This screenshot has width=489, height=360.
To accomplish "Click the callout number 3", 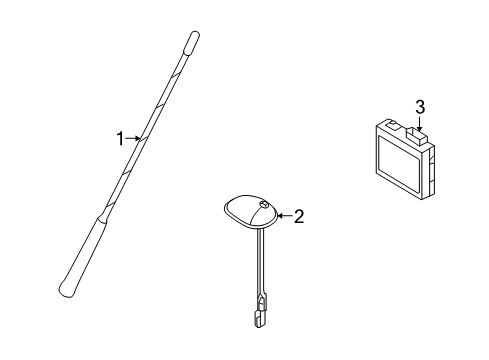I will tap(420, 107).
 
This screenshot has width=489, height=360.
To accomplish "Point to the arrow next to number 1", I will tap(134, 140).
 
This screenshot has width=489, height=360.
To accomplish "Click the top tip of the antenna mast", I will tap(190, 39).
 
